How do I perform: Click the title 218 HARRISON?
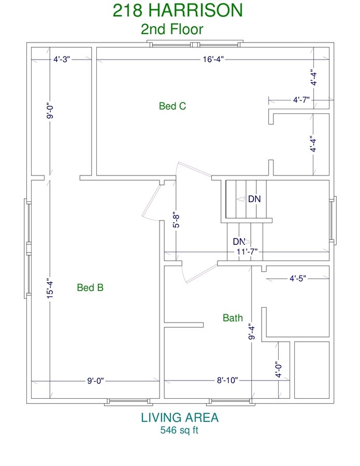coord(178,10)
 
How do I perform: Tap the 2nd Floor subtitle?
coord(172,29)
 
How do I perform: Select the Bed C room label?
coord(172,106)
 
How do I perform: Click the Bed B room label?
coord(90,287)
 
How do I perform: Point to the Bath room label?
coord(233,318)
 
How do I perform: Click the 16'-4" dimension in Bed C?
coord(213,60)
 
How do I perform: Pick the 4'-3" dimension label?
coord(62,60)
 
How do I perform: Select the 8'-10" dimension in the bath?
coord(227,381)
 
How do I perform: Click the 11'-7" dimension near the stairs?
coord(247,252)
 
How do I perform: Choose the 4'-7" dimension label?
coord(301,100)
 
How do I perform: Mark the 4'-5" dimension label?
coord(298,279)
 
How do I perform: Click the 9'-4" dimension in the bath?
coord(252,331)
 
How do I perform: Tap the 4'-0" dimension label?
coord(278,369)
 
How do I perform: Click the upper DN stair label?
coord(254,199)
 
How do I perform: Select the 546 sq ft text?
coord(179,430)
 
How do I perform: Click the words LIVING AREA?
coord(180,417)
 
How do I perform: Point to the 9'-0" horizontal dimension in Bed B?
coord(95,381)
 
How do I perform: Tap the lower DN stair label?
coord(239,241)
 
